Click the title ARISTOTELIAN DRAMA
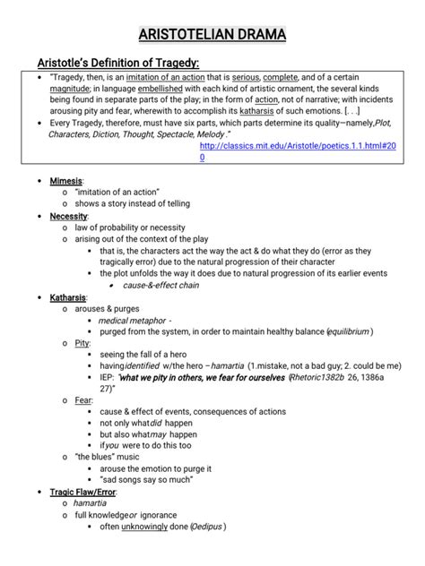212,35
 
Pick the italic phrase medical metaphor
134,320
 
